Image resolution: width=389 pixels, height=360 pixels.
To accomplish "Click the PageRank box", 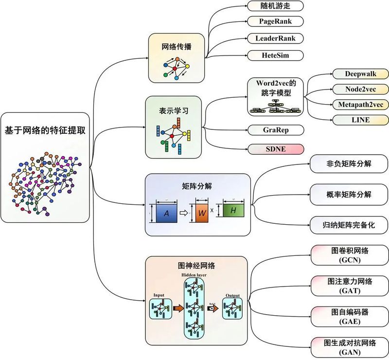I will click(x=275, y=21).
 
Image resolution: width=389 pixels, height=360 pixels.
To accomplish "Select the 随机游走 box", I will click(x=275, y=6).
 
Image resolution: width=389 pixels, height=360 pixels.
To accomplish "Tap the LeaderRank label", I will click(x=275, y=38).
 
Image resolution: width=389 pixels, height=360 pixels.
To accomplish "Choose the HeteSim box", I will click(x=275, y=55).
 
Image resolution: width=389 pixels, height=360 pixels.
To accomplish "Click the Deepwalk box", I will click(x=360, y=74).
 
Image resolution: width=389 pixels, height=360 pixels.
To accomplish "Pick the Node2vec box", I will click(x=360, y=89).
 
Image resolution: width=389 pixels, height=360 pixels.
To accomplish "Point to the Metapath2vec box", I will click(x=360, y=104).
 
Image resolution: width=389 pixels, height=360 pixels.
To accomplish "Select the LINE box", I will click(x=360, y=120).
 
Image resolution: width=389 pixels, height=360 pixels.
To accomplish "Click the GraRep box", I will click(x=275, y=130).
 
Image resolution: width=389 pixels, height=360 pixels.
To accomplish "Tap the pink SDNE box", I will click(x=275, y=149).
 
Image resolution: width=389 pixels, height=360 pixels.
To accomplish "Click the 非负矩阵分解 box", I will click(x=349, y=164).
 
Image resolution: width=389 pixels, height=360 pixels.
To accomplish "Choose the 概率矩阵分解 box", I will click(x=349, y=194).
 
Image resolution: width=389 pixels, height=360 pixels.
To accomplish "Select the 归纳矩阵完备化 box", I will click(x=349, y=225).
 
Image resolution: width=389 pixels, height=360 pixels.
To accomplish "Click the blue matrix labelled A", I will click(x=166, y=214).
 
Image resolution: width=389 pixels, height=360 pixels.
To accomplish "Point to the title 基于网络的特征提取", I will click(x=45, y=130).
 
